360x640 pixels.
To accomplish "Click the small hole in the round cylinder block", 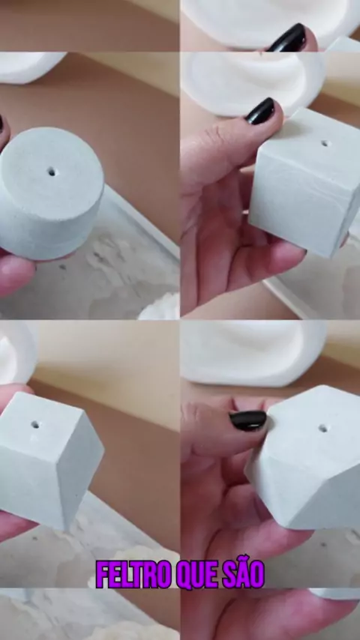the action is pyautogui.click(x=52, y=172).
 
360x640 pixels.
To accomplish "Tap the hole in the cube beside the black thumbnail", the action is pyautogui.click(x=325, y=143).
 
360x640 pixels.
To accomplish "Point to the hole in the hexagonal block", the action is pyautogui.click(x=322, y=429).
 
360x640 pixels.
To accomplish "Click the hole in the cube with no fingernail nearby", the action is pyautogui.click(x=35, y=424).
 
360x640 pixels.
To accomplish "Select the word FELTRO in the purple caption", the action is pyautogui.click(x=133, y=574).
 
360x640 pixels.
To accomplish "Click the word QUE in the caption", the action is pyautogui.click(x=198, y=575).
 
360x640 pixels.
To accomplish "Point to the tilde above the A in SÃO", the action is pyautogui.click(x=244, y=561).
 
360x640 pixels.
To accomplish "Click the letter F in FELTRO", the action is pyautogui.click(x=102, y=574).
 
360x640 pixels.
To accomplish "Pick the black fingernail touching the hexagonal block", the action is pyautogui.click(x=248, y=420).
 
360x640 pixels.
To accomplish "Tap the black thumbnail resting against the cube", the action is pyautogui.click(x=260, y=111).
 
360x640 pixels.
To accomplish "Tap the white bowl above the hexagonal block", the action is pyautogui.click(x=253, y=353).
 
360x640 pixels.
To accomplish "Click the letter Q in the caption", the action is pyautogui.click(x=184, y=575).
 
